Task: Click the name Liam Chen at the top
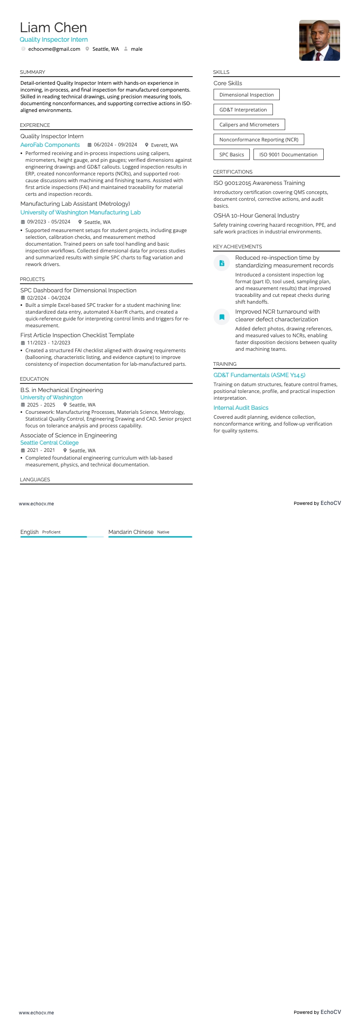click(54, 28)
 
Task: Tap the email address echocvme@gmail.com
click(54, 49)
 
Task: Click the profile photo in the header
click(319, 40)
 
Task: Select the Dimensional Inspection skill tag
click(246, 95)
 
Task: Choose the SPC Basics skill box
click(231, 155)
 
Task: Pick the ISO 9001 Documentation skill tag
click(288, 155)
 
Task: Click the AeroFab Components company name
click(50, 145)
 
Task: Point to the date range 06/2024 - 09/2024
click(115, 145)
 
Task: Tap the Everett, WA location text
click(164, 145)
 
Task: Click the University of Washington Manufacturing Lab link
click(80, 213)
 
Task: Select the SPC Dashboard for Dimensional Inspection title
click(78, 291)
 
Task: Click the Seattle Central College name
click(49, 443)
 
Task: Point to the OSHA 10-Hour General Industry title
click(256, 216)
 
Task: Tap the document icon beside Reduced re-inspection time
click(222, 263)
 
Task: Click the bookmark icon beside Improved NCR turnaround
click(222, 317)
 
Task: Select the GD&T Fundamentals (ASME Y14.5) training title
click(259, 375)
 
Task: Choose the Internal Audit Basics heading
click(241, 408)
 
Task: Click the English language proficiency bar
click(62, 537)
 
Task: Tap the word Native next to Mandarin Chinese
click(163, 532)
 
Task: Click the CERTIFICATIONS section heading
click(233, 172)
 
